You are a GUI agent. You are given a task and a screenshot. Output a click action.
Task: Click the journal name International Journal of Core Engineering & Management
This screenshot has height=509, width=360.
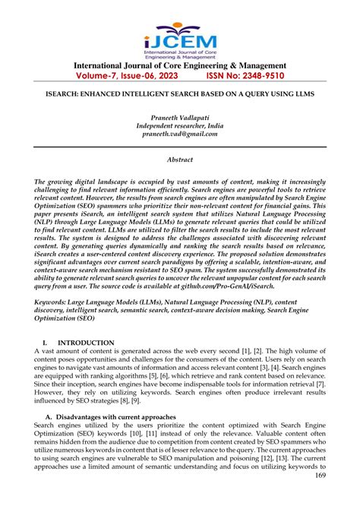179,65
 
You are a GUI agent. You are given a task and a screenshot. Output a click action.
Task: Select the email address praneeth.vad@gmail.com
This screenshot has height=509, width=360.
179,133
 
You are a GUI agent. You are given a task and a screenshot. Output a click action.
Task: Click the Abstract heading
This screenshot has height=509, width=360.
179,160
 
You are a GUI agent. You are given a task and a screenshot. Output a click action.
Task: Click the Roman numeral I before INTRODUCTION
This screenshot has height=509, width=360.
48,343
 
